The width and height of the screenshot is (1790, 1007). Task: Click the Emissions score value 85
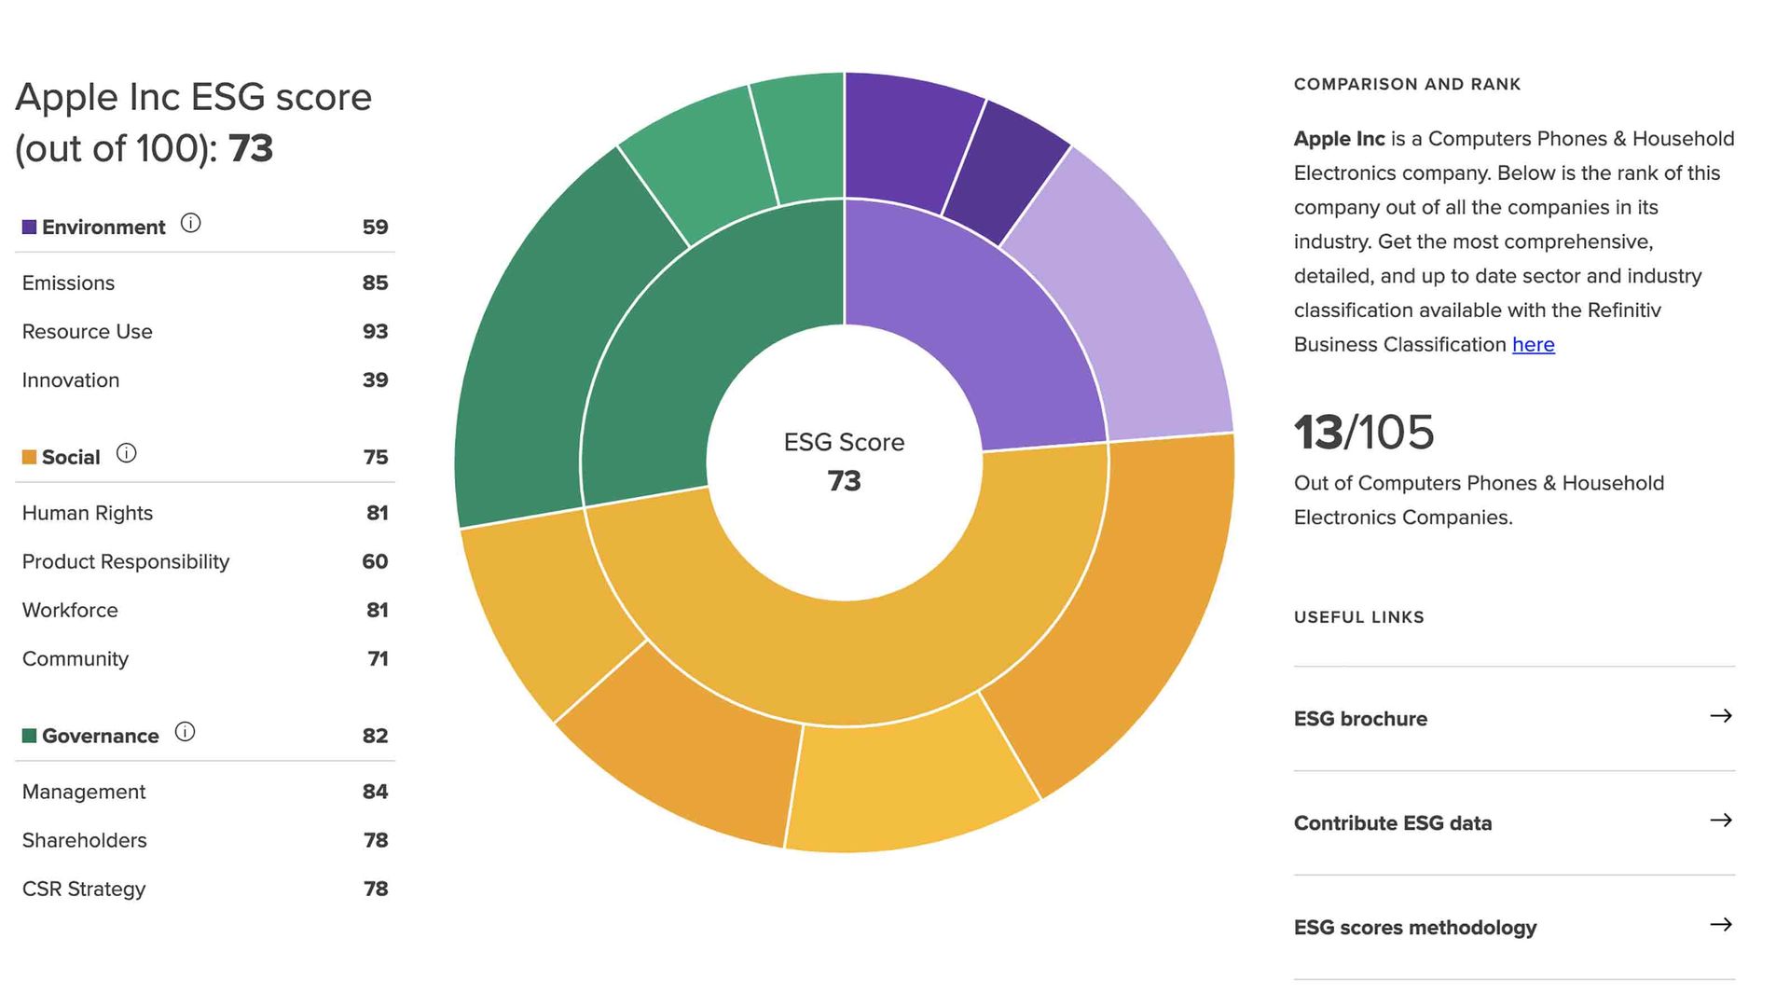pyautogui.click(x=375, y=283)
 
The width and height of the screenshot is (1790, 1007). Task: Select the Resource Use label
pyautogui.click(x=87, y=332)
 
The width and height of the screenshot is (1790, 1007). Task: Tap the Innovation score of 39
pyautogui.click(x=375, y=380)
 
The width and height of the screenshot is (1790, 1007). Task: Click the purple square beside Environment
pyautogui.click(x=29, y=228)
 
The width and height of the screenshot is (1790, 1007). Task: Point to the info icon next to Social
pyautogui.click(x=126, y=453)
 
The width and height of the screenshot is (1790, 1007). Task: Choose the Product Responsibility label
pyautogui.click(x=125, y=561)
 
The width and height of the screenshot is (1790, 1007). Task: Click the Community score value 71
pyautogui.click(x=378, y=659)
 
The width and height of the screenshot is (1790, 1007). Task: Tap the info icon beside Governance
pyautogui.click(x=185, y=732)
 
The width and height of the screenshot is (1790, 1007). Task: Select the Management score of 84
pyautogui.click(x=375, y=792)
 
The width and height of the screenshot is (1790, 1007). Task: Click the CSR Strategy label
pyautogui.click(x=84, y=889)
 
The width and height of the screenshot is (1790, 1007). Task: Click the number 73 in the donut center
pyautogui.click(x=844, y=481)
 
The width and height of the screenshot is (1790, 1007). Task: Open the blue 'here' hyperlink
pyautogui.click(x=1533, y=345)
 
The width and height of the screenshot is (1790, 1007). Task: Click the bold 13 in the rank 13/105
pyautogui.click(x=1318, y=433)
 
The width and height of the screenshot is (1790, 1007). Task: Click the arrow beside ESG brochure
pyautogui.click(x=1721, y=716)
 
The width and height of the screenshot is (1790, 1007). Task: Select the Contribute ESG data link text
pyautogui.click(x=1392, y=823)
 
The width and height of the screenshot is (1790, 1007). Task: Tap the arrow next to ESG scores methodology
pyautogui.click(x=1721, y=925)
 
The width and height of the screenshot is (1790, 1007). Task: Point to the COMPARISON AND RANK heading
pyautogui.click(x=1407, y=85)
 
